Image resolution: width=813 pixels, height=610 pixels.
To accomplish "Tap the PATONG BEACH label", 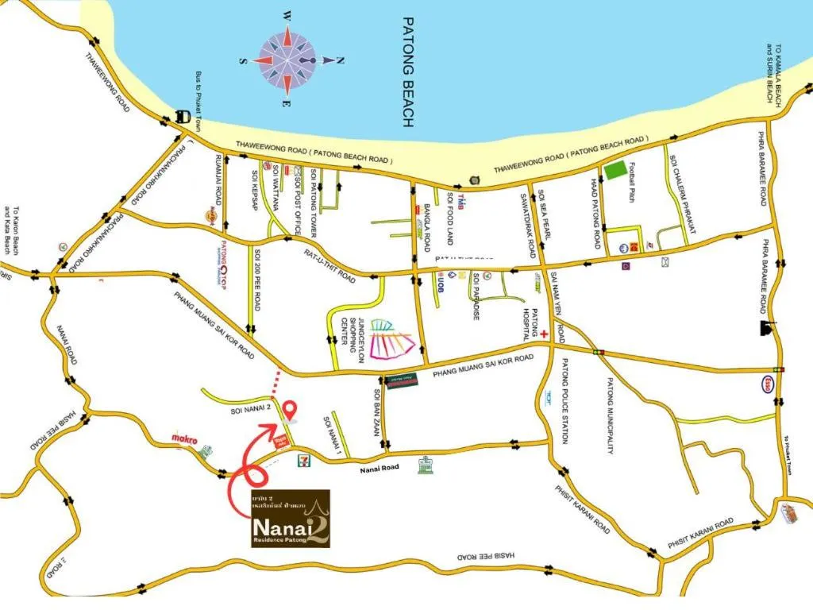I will pos(408,72).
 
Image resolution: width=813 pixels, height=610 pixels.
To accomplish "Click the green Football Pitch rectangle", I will pos(615,170).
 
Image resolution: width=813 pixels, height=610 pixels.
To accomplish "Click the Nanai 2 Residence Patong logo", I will pos(285,518).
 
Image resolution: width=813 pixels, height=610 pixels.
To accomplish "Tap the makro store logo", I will pos(184,438).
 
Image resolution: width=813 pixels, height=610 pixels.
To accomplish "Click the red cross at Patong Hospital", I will pos(545,336).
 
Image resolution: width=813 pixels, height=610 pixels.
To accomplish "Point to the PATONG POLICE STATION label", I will pos(565,401).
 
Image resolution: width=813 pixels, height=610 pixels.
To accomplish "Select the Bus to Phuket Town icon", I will pos(183,116).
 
